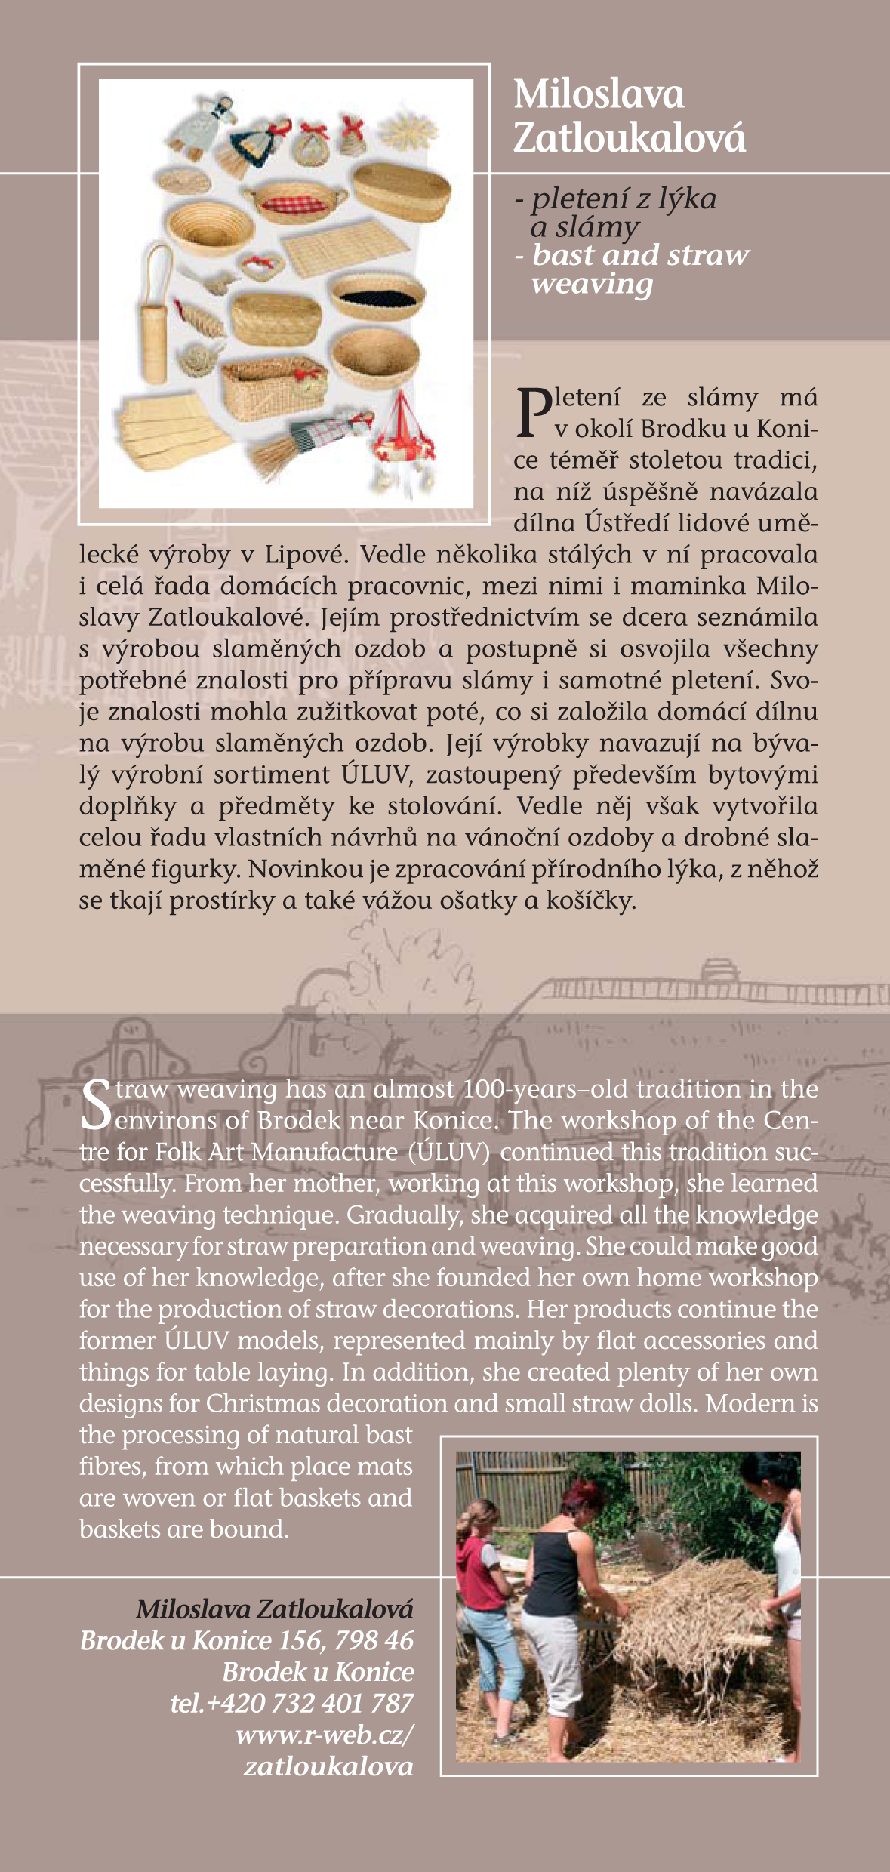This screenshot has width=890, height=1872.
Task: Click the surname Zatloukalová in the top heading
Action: coord(629,138)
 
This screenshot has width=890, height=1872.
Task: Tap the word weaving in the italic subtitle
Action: coord(592,285)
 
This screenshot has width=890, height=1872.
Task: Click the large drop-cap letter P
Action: coord(534,413)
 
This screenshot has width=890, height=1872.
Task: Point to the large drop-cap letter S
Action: coord(97,1105)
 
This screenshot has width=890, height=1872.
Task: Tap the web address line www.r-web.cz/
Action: coord(325,1735)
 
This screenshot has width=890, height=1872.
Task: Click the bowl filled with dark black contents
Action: coord(377,294)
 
